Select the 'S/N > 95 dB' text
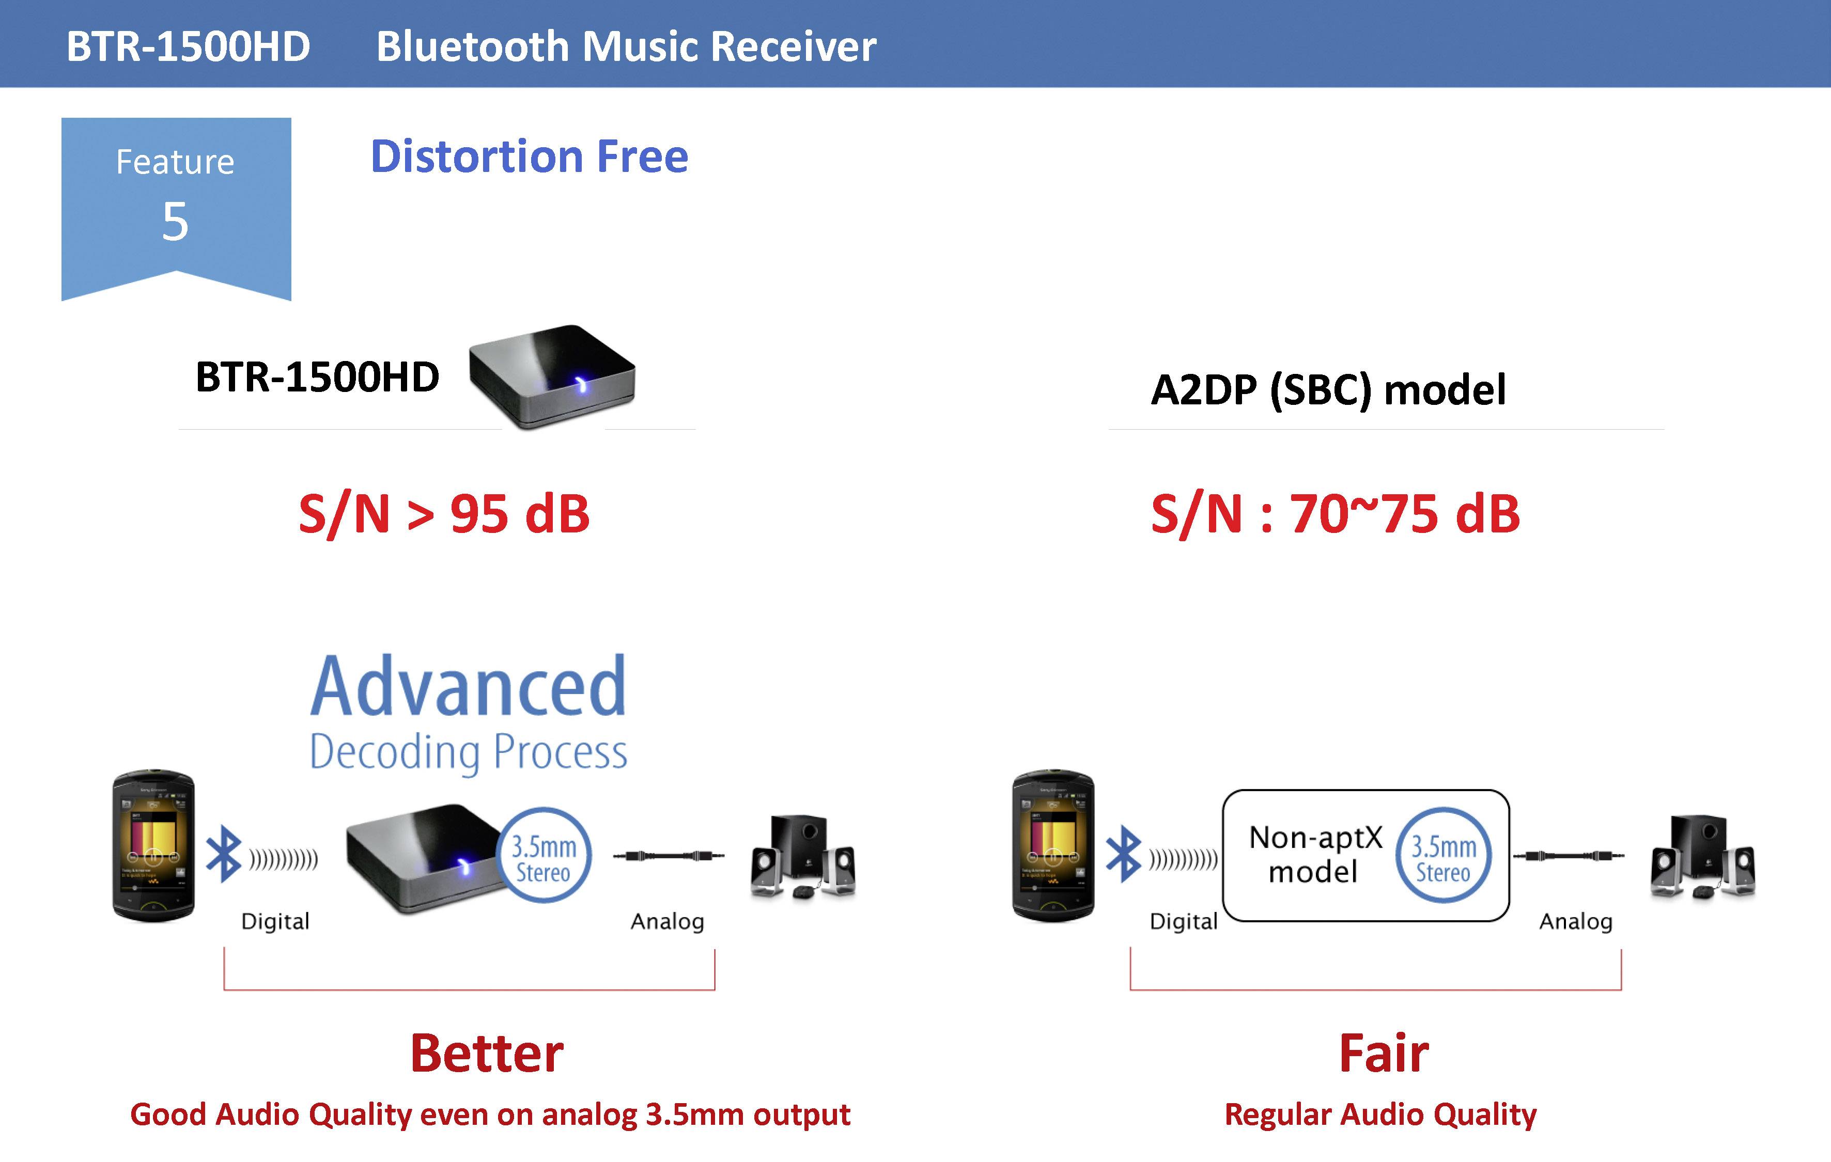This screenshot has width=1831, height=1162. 444,514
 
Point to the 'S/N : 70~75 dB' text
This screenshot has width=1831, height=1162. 1335,514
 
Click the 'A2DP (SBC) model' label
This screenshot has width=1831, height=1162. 1328,390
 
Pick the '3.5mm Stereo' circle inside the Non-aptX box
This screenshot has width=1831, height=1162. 1443,856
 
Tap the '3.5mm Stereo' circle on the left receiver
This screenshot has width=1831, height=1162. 544,856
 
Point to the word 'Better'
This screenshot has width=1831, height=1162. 487,1054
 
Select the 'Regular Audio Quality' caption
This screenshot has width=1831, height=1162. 1380,1114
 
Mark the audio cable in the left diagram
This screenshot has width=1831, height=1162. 669,856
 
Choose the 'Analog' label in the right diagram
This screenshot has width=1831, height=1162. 1575,921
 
